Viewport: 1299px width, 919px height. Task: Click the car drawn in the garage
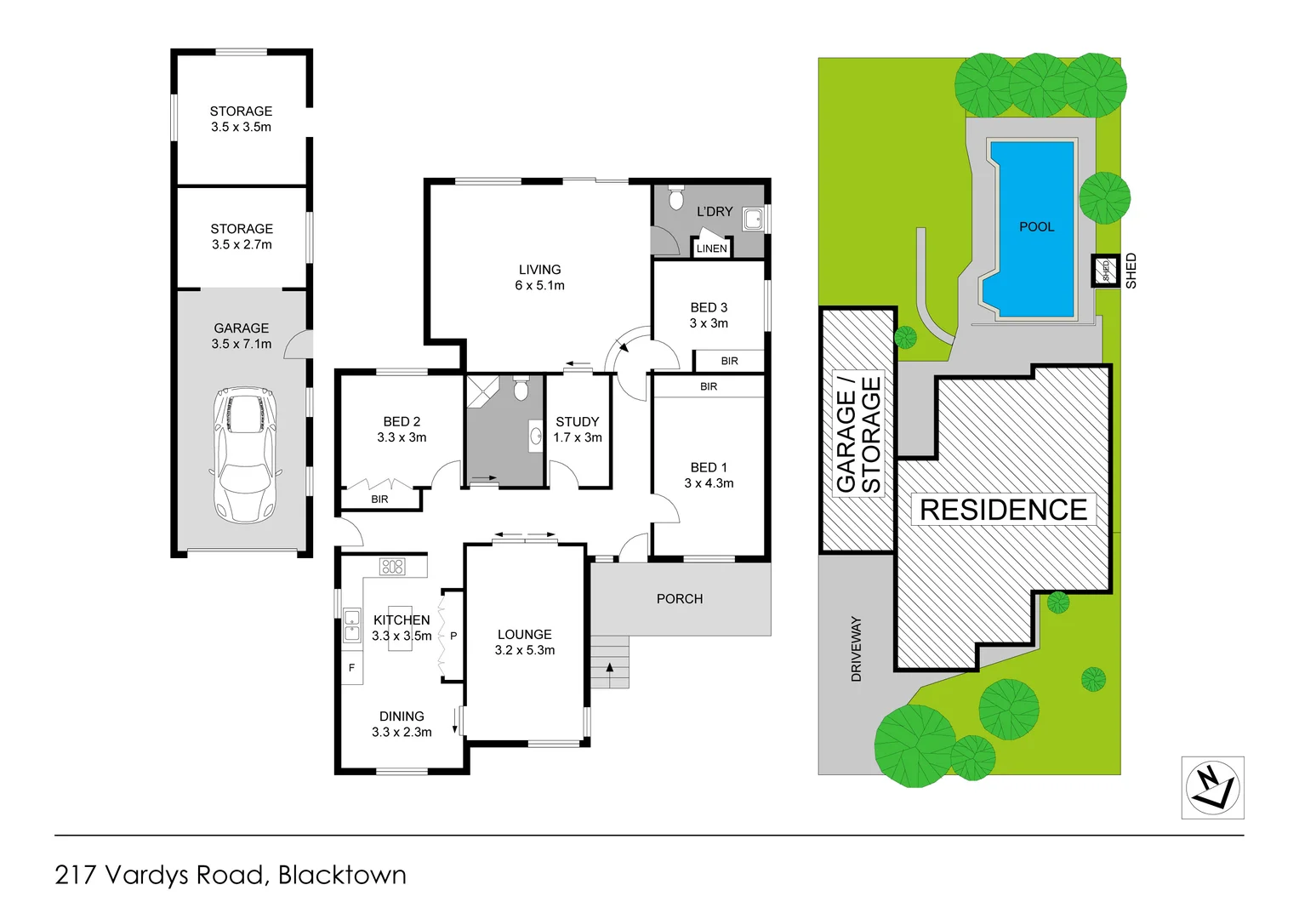coord(245,454)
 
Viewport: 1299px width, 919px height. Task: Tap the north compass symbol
coord(1212,787)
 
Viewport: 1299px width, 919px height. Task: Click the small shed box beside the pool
coord(1105,271)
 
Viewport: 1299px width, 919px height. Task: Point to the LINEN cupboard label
coord(711,248)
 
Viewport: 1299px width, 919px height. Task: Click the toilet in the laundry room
coord(675,197)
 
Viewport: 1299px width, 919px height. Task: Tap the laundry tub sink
coord(754,220)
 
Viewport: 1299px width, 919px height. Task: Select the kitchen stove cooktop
coord(392,566)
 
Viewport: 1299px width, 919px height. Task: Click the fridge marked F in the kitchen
coord(351,668)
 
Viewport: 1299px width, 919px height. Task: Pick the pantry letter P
coord(453,636)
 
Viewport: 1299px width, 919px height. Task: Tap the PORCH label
coord(680,599)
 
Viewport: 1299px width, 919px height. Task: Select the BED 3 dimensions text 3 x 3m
coord(709,323)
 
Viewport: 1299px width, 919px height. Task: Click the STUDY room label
coord(578,422)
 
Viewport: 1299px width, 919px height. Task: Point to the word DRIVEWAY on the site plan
coord(856,649)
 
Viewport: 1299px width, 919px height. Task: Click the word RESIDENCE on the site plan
coord(1004,510)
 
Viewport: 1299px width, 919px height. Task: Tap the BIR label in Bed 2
coord(380,499)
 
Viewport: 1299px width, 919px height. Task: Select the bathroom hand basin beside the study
coord(536,435)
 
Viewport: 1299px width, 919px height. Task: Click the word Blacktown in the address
coord(342,875)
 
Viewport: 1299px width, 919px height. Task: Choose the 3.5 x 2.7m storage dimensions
coord(242,245)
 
